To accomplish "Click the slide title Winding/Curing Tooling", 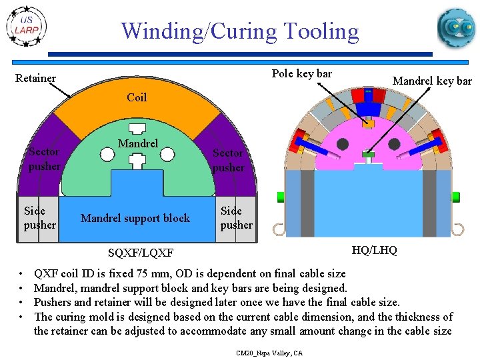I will [x=239, y=31].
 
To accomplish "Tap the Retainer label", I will [x=35, y=79].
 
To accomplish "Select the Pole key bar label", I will [x=302, y=73].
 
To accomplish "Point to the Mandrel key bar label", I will [x=432, y=81].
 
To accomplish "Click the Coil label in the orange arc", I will [x=137, y=98].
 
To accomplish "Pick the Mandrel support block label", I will [x=135, y=218].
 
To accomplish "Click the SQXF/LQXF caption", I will [x=141, y=253].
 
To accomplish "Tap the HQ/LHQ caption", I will [x=374, y=250].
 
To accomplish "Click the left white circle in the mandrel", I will [x=107, y=155].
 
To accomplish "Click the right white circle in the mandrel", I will [x=168, y=155].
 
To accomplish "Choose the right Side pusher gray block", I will [x=236, y=218].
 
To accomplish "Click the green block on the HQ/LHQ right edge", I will [x=457, y=197].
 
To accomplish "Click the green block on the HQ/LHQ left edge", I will [x=281, y=197].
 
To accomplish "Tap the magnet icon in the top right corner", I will [x=456, y=28].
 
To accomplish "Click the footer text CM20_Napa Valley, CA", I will [x=269, y=353].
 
